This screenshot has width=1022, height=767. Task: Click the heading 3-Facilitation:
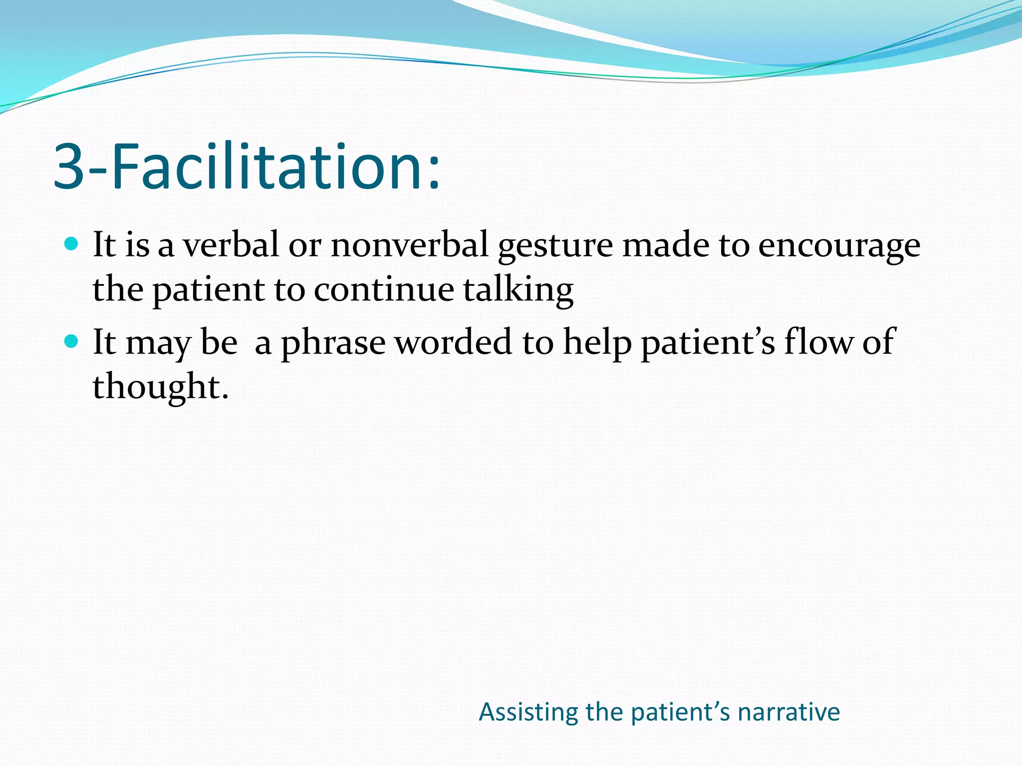point(247,167)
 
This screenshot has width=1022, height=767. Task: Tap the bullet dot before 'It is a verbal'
point(72,244)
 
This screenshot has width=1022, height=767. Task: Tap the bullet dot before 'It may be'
point(72,342)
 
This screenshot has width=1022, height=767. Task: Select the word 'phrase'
point(333,344)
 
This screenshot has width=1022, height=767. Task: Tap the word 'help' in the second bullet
point(597,343)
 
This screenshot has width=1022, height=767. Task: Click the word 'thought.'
point(161,387)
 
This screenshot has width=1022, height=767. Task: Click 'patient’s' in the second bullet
point(708,343)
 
